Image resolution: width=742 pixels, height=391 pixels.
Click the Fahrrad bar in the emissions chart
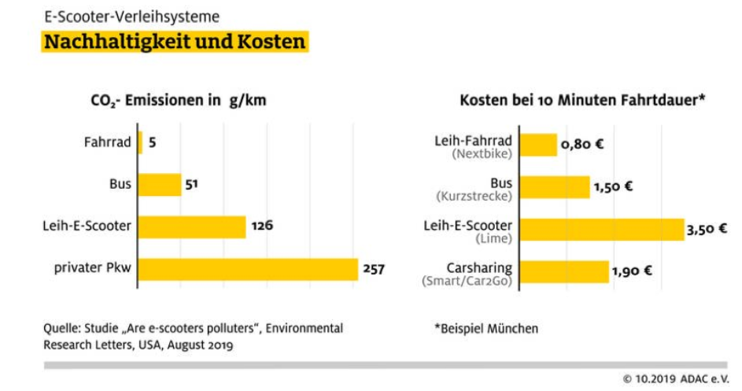(x=140, y=142)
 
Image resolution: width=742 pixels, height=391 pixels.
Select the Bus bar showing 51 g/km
(x=160, y=185)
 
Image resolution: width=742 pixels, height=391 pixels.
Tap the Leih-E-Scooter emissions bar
(x=192, y=227)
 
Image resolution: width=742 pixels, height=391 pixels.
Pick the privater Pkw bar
(x=248, y=269)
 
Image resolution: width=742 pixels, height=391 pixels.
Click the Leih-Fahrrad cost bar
(x=538, y=145)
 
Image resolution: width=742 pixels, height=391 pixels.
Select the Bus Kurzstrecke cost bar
(x=555, y=187)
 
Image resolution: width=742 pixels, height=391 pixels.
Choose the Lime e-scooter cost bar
(x=602, y=230)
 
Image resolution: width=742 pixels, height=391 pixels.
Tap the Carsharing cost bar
(x=564, y=271)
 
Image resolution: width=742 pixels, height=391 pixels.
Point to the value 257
(x=374, y=269)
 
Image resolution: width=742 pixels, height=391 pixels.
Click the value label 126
(x=262, y=225)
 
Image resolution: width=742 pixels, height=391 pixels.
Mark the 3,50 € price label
(x=707, y=230)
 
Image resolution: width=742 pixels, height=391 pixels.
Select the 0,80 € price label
(x=582, y=144)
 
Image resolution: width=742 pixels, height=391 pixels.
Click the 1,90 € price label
(x=632, y=271)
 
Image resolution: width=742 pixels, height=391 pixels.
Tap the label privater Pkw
(x=92, y=268)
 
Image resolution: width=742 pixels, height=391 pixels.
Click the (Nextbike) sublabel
(x=482, y=154)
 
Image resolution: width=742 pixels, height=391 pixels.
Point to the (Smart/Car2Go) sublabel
(x=467, y=281)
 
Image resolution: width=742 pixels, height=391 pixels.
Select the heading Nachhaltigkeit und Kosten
(x=175, y=42)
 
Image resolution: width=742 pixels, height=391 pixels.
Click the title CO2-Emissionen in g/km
(x=179, y=101)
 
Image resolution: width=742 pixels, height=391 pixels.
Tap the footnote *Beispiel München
(x=486, y=329)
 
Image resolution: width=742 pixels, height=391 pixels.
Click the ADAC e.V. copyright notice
(x=676, y=379)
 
